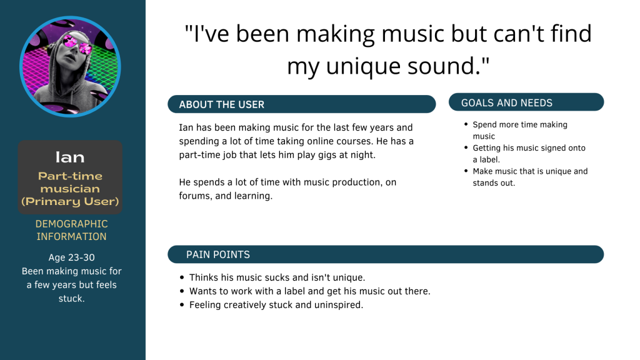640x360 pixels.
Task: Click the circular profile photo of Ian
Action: pos(70,66)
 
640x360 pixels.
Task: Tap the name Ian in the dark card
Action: pos(70,157)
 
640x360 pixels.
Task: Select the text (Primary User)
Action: pos(70,201)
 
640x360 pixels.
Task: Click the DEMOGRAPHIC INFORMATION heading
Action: pos(71,230)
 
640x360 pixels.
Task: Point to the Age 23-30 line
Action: pos(71,257)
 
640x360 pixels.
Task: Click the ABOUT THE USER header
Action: pos(222,104)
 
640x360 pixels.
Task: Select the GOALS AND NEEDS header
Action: pos(507,103)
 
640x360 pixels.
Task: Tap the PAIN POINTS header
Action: pos(218,255)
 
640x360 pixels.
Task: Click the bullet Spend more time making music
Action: pos(519,130)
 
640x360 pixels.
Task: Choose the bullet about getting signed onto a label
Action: pos(529,154)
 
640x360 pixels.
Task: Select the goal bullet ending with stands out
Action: pos(530,177)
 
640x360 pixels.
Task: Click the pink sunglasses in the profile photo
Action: pos(77,44)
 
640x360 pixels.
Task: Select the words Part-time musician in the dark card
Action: pos(70,182)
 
